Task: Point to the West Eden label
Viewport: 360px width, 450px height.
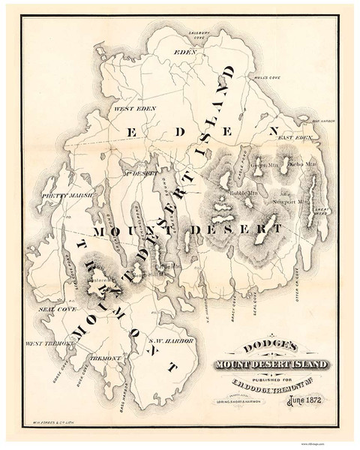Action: pyautogui.click(x=127, y=109)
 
